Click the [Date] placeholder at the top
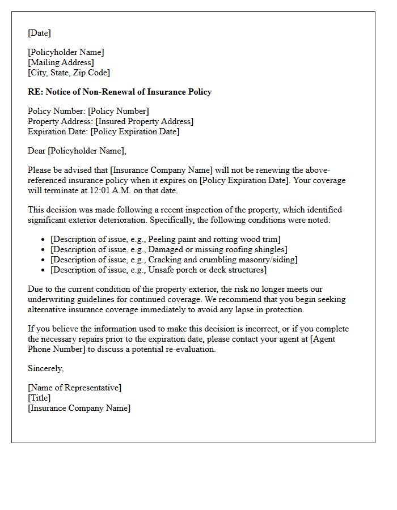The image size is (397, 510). (39, 33)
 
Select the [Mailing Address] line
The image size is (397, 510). (61, 62)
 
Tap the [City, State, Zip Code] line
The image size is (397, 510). (69, 73)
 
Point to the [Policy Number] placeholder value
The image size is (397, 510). (118, 111)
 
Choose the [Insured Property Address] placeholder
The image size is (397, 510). (144, 121)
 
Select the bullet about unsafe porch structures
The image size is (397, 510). (158, 270)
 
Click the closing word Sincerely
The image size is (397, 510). (45, 368)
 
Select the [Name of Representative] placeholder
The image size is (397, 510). (74, 388)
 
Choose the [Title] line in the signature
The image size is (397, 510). (39, 398)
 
